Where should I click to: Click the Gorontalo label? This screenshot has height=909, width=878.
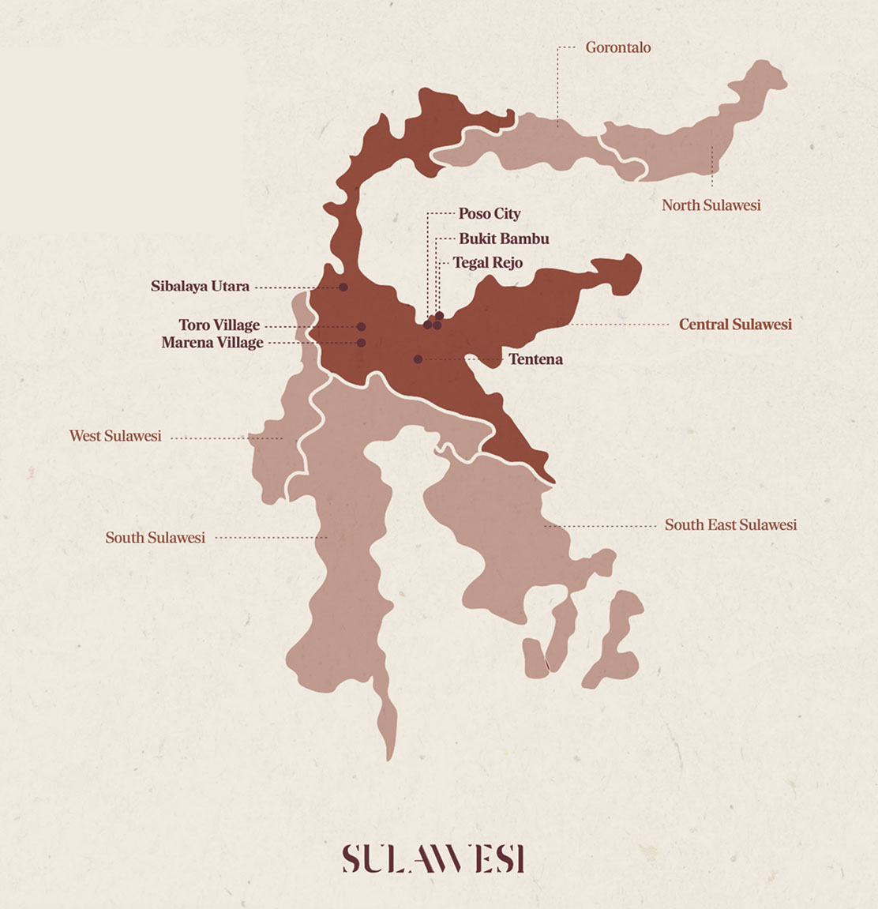617,47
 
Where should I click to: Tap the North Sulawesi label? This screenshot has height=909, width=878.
711,205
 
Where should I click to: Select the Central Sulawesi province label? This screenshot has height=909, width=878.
735,325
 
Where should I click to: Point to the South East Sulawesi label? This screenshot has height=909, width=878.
730,525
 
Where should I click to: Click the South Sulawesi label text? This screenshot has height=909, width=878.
155,538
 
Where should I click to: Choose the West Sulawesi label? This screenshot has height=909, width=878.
115,436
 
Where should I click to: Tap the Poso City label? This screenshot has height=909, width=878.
490,214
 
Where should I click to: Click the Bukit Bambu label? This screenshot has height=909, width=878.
504,239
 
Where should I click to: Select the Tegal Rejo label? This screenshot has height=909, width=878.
487,263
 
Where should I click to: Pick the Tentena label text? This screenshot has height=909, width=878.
535,359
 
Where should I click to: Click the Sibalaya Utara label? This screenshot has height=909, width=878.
200,287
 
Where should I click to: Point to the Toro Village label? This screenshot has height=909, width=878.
219,325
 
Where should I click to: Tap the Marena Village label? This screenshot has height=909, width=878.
212,343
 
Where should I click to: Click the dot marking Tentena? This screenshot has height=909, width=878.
418,359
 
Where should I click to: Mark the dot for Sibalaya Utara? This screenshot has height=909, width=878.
343,287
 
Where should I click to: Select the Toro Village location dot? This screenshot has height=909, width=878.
361,326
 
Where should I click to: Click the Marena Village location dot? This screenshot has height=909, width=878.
361,343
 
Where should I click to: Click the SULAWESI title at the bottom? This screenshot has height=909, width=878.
433,858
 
